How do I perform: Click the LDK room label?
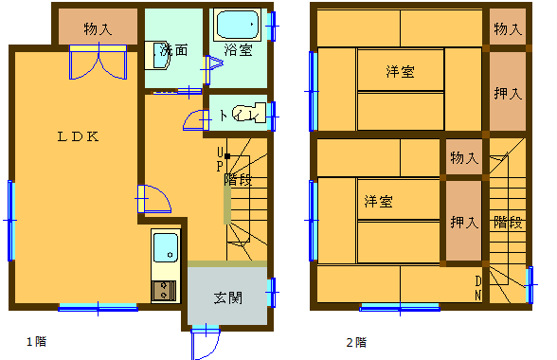coord(78,136)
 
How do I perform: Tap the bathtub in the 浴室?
coord(237,25)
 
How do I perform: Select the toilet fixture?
coord(249,113)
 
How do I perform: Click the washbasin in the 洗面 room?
coord(157,56)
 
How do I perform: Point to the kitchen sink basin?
coord(166,248)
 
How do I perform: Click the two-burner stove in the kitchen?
coord(164,290)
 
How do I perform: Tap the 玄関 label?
coord(228,297)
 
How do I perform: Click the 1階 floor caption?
coord(37,341)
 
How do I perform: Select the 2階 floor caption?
coord(356,342)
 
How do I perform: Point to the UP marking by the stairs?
coord(220,159)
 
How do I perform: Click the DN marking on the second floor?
coord(478,288)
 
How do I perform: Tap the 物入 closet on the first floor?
coord(99,27)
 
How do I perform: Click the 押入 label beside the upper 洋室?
coord(508,94)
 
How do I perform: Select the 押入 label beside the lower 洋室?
coord(464,223)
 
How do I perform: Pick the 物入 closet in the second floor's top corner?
coord(508,27)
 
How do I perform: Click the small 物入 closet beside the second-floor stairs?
coord(464,156)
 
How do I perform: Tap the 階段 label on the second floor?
coord(508,223)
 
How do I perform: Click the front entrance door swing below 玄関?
coord(206,344)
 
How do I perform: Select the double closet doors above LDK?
coord(99,62)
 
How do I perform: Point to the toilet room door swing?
coord(196,120)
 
